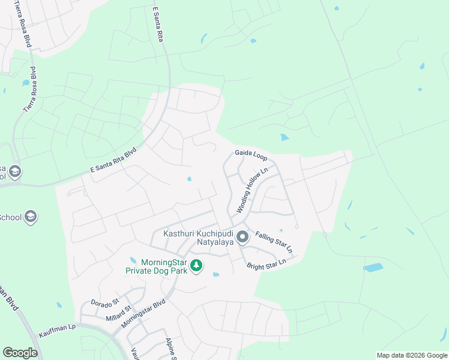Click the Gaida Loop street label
[x=251, y=154]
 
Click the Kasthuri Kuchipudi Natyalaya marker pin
[x=243, y=238]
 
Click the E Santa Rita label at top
[x=158, y=24]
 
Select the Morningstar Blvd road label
[x=143, y=313]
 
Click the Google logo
[x=20, y=353]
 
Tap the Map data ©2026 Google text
[x=411, y=355]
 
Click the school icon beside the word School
[x=31, y=217]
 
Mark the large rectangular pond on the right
[x=373, y=268]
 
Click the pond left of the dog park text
[x=133, y=260]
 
